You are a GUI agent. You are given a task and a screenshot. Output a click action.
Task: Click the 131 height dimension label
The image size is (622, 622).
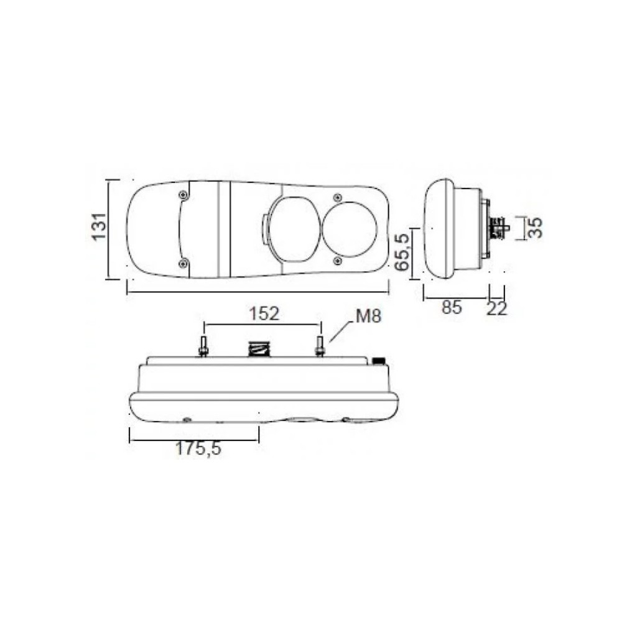(99, 226)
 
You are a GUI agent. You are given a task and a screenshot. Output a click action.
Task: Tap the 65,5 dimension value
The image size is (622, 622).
(402, 253)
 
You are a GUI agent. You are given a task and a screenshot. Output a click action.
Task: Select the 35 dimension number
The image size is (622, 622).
(535, 228)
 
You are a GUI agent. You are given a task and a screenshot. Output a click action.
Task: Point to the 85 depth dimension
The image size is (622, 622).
(452, 307)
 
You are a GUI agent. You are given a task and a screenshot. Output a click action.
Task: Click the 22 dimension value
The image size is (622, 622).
(496, 309)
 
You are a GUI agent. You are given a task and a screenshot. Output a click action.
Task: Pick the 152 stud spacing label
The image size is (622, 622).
(264, 313)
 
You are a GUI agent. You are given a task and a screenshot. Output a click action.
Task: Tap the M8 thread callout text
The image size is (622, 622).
(368, 316)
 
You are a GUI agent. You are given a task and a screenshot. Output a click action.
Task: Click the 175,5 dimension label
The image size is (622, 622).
(198, 448)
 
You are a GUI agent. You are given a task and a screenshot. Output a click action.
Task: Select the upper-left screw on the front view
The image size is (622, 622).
(183, 194)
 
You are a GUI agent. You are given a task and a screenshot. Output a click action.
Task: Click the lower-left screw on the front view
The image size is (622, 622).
(183, 263)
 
